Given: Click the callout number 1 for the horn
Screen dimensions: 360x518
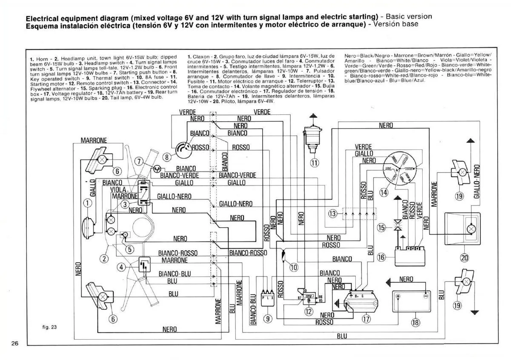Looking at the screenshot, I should [x=87, y=203].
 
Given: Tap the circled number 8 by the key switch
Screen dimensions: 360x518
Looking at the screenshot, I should [x=168, y=157].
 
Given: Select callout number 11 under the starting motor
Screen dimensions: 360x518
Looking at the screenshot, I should [x=314, y=162].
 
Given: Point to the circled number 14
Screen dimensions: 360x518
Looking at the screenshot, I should [x=384, y=192].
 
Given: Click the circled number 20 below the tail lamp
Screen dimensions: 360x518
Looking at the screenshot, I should [x=464, y=257].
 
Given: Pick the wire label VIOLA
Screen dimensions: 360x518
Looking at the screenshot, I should [x=118, y=189].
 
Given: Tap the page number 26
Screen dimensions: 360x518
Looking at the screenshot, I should [x=14, y=344].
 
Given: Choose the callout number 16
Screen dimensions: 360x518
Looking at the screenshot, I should [x=381, y=257].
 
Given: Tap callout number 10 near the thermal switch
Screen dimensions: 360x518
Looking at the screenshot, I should [x=294, y=267].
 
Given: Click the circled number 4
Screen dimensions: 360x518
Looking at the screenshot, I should [x=121, y=267].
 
